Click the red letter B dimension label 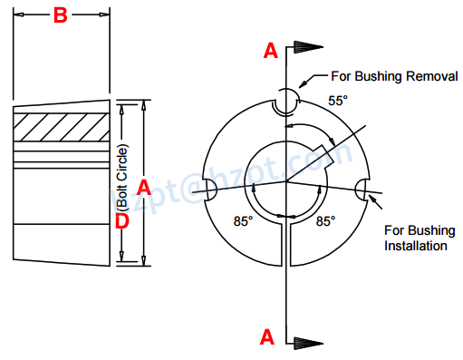(x=59, y=15)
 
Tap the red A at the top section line (x=270, y=52)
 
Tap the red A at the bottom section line (x=267, y=337)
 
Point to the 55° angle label (x=337, y=102)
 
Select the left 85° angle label (x=243, y=220)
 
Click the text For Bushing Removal (x=395, y=77)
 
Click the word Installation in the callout (x=414, y=246)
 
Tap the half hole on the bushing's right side (x=363, y=190)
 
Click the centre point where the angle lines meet (x=286, y=182)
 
